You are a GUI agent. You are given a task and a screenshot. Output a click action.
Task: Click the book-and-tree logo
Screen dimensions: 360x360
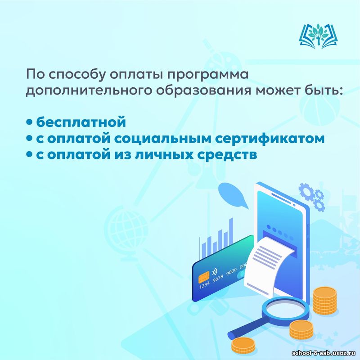click(318, 36)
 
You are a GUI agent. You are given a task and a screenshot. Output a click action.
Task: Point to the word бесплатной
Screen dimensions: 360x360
click(81, 121)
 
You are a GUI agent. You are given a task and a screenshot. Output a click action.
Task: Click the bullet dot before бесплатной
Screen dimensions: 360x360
click(29, 122)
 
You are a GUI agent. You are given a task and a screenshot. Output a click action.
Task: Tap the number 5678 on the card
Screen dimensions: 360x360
click(218, 278)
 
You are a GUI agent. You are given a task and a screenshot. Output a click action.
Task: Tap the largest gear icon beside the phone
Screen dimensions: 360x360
click(307, 191)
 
